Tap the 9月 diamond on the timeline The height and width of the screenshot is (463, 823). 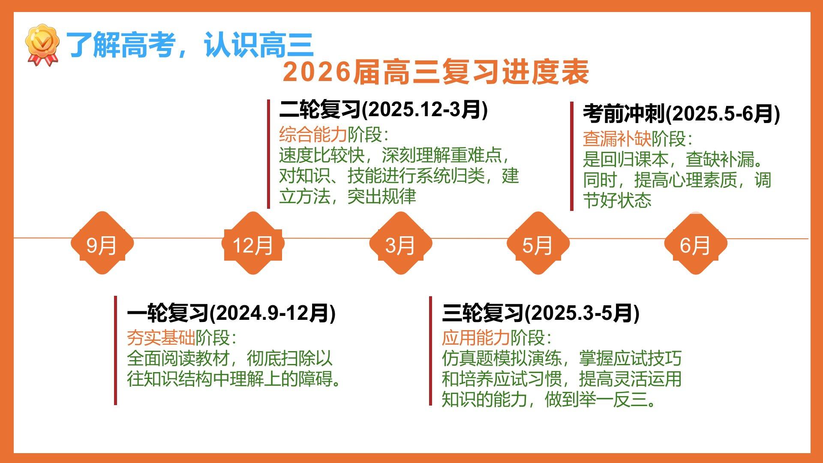pyautogui.click(x=102, y=243)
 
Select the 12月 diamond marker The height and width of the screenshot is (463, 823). pyautogui.click(x=253, y=243)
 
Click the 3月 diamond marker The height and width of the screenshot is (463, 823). pyautogui.click(x=401, y=243)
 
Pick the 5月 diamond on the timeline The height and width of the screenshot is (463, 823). pyautogui.click(x=538, y=243)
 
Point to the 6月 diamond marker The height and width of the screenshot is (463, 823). pyautogui.click(x=696, y=243)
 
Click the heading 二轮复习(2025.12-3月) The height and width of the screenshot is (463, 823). pyautogui.click(x=384, y=110)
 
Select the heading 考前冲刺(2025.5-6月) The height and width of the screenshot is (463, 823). pyautogui.click(x=681, y=114)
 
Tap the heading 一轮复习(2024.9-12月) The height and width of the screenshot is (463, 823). pyautogui.click(x=231, y=313)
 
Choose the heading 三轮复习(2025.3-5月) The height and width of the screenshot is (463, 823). pyautogui.click(x=541, y=313)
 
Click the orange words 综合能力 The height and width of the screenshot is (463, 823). pyautogui.click(x=313, y=135)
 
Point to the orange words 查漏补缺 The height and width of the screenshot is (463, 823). pyautogui.click(x=617, y=138)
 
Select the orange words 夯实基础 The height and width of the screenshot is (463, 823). pyautogui.click(x=161, y=338)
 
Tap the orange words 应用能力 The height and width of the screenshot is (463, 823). pyautogui.click(x=476, y=338)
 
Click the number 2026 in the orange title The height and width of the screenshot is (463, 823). pyautogui.click(x=317, y=72)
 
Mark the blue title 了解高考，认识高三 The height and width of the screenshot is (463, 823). pyautogui.click(x=190, y=45)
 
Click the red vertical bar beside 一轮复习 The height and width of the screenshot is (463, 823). pyautogui.click(x=115, y=350)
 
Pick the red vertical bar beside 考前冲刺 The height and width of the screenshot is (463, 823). pyautogui.click(x=572, y=156)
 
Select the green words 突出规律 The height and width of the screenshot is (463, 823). pyautogui.click(x=381, y=196)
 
